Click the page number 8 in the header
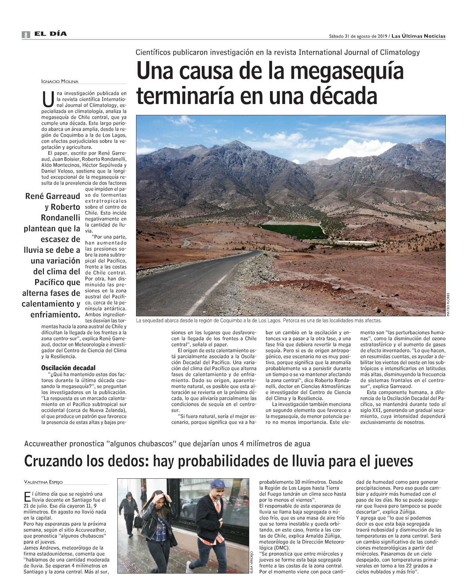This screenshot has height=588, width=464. click(x=26, y=34)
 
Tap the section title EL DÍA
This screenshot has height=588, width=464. click(x=50, y=34)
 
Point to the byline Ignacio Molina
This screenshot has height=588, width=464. click(x=60, y=82)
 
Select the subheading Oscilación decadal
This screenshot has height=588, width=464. click(x=68, y=368)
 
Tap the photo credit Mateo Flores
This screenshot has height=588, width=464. click(x=448, y=304)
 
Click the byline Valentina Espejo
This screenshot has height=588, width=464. click(x=43, y=482)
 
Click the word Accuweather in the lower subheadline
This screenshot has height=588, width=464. click(x=45, y=444)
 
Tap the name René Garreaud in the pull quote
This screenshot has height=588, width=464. click(x=53, y=196)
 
